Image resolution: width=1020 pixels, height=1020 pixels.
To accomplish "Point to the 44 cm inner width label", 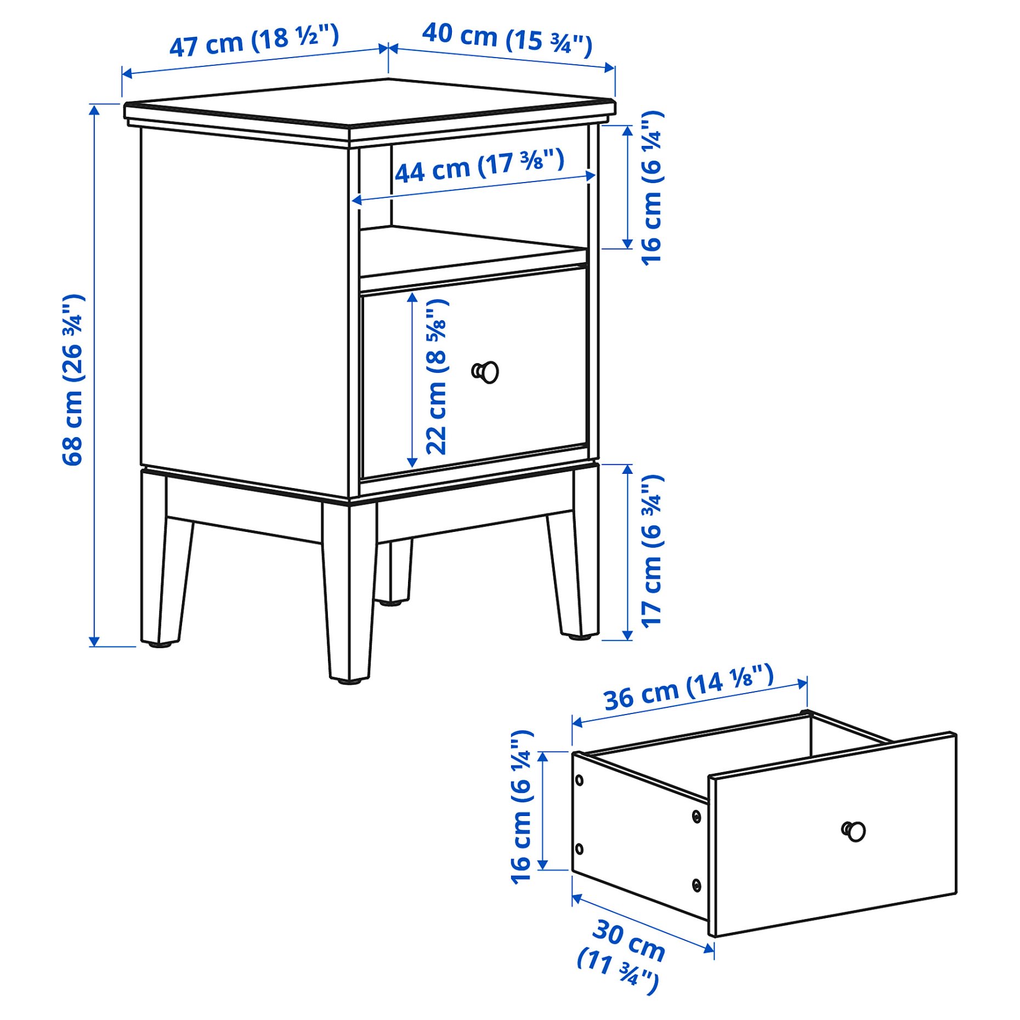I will pyautogui.click(x=479, y=166).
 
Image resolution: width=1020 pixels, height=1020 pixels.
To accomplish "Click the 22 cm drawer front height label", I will pyautogui.click(x=437, y=377).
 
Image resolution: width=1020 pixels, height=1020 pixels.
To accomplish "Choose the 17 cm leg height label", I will pyautogui.click(x=652, y=551).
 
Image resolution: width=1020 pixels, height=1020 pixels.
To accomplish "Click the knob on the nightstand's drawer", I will pyautogui.click(x=486, y=372).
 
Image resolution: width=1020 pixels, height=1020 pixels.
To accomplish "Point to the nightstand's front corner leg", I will pyautogui.click(x=349, y=592).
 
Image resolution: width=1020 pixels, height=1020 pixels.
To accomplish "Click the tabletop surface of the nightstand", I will pyautogui.click(x=369, y=104).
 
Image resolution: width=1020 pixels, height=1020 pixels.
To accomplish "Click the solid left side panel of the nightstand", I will pyautogui.click(x=244, y=307).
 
